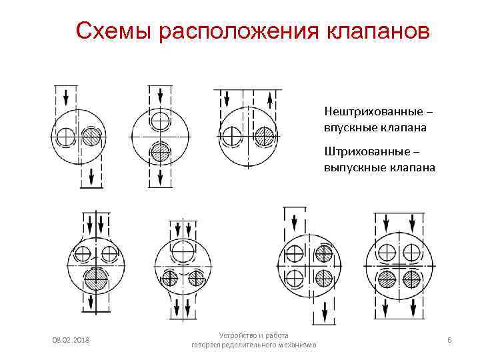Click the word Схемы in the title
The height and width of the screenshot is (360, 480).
tap(113, 31)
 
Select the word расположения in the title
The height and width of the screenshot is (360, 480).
tap(239, 32)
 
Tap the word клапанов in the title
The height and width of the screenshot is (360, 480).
tap(378, 31)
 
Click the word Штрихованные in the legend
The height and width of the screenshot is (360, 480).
tap(367, 151)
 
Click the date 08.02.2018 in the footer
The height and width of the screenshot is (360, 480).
tap(71, 340)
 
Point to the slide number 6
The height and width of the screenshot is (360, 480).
tap(449, 340)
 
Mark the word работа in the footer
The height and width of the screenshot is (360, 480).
tap(277, 335)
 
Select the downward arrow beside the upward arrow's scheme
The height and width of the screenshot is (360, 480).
tap(227, 99)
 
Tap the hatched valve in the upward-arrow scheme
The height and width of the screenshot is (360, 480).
tap(265, 137)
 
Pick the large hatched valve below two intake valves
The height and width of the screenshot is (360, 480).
tap(96, 279)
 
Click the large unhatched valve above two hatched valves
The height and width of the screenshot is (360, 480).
tap(183, 252)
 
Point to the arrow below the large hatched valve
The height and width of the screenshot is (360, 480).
tap(90, 302)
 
